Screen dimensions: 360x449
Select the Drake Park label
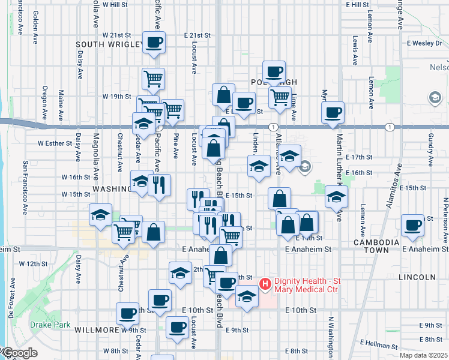[41, 325]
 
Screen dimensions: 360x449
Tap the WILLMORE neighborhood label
[97, 330]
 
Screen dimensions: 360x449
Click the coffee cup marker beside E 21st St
[154, 42]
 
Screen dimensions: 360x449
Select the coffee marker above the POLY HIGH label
[274, 71]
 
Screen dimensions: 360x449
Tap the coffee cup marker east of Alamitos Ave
[412, 225]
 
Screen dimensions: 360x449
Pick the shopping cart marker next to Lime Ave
[280, 97]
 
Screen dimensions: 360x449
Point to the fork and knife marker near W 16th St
[159, 184]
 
